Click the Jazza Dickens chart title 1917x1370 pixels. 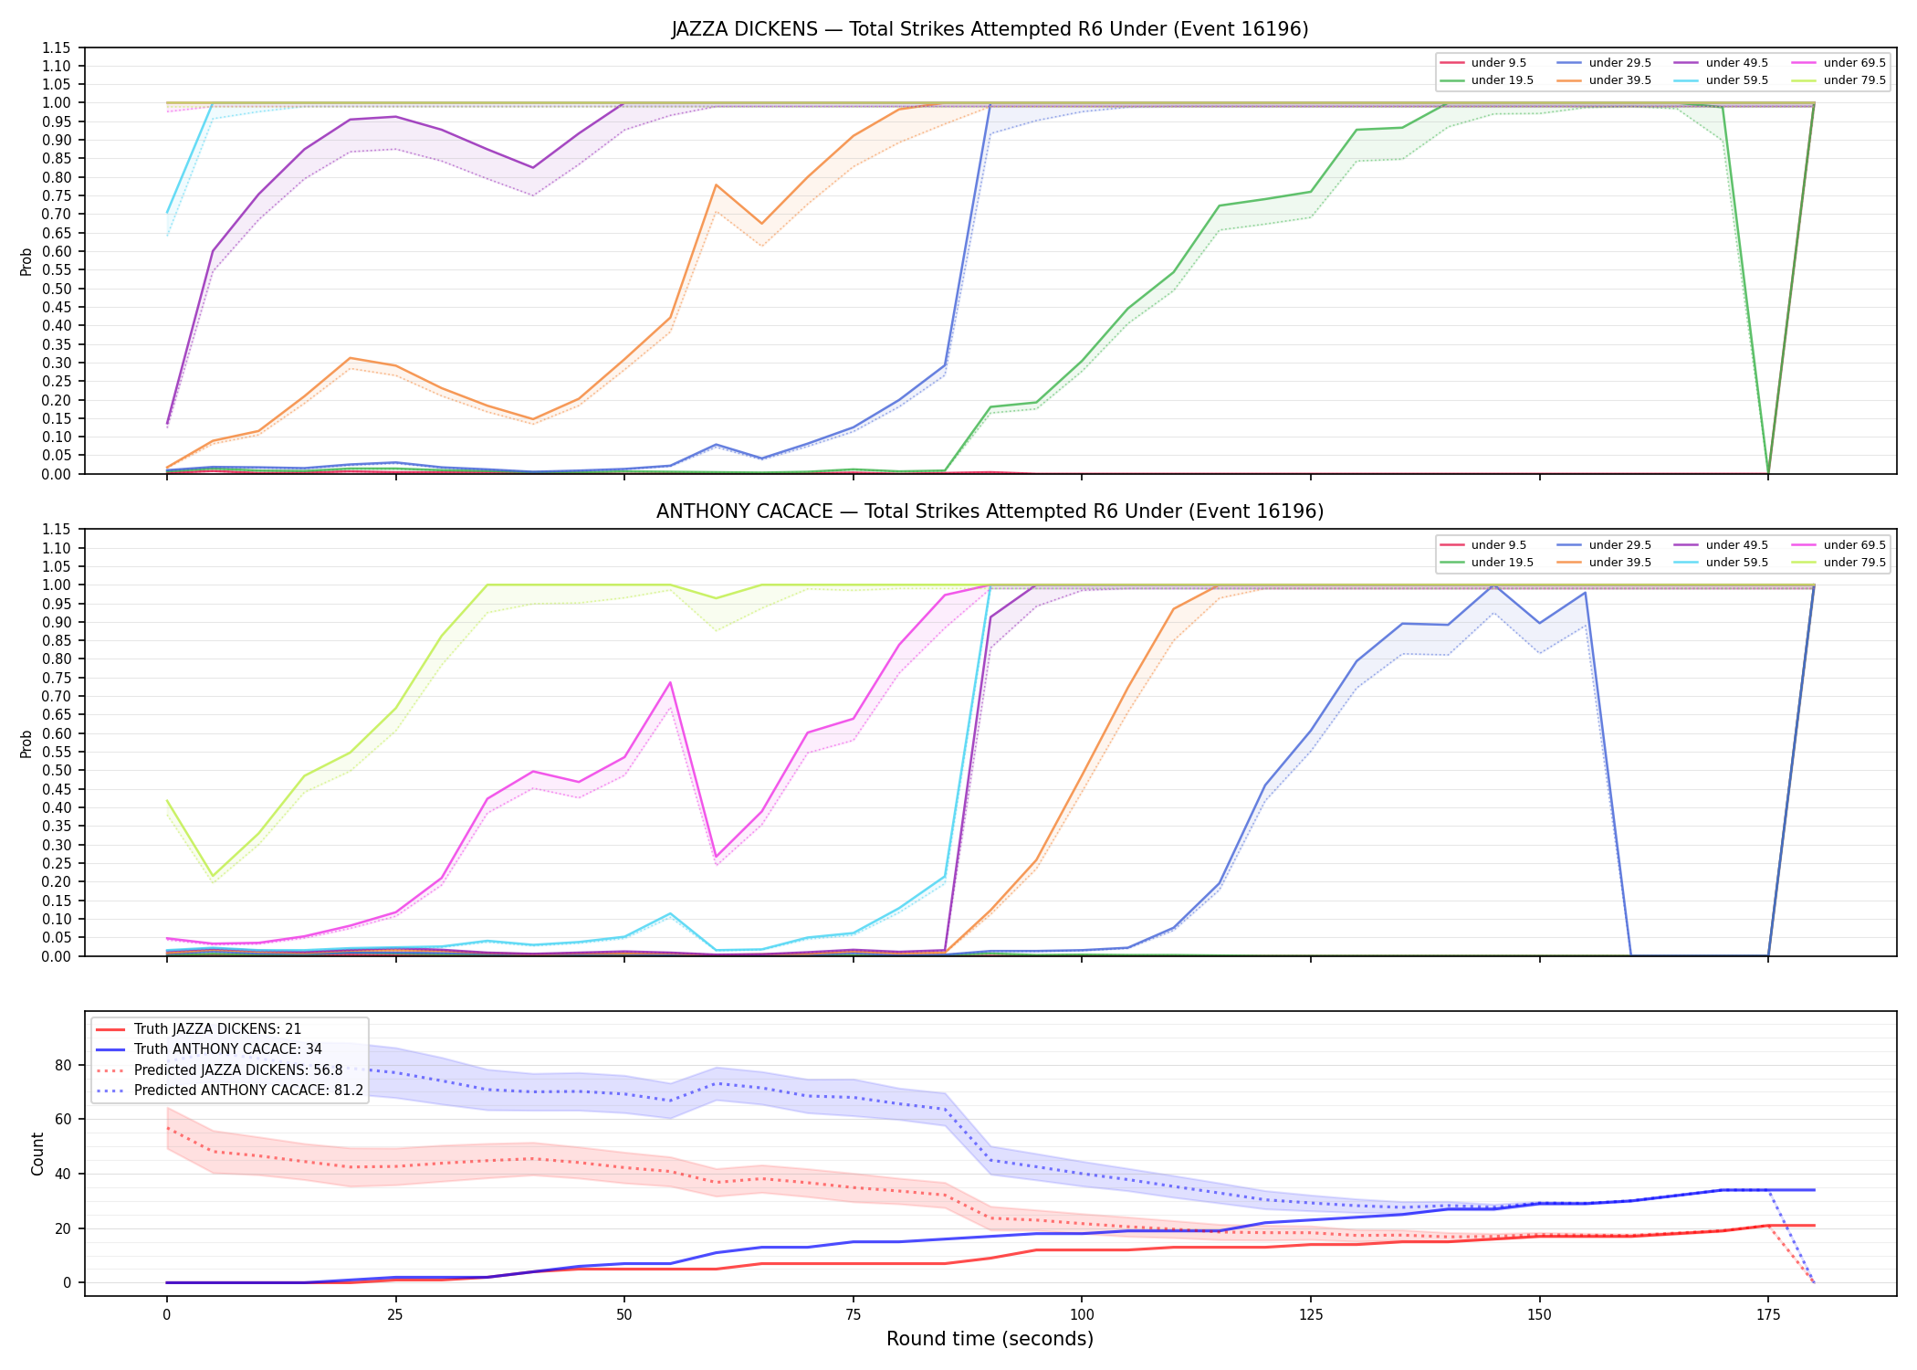pos(990,29)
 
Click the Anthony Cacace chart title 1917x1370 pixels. pos(990,511)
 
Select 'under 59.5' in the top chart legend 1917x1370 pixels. pos(1736,80)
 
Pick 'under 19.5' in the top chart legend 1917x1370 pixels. pos(1502,80)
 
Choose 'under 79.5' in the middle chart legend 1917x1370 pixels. pos(1854,563)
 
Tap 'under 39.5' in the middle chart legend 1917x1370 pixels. pos(1619,563)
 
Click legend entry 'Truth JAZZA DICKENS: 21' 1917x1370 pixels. pos(217,1029)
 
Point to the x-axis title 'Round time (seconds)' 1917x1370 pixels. pos(990,1339)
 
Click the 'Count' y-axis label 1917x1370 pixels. pos(37,1154)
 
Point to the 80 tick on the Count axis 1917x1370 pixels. pos(63,1065)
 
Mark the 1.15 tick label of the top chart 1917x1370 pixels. pos(57,47)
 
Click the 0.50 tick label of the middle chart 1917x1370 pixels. pos(57,770)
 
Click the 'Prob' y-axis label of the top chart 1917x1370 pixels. pos(26,261)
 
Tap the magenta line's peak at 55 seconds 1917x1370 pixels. pos(670,682)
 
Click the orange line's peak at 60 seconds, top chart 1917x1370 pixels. pos(716,184)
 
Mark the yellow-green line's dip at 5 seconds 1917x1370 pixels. pos(213,877)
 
